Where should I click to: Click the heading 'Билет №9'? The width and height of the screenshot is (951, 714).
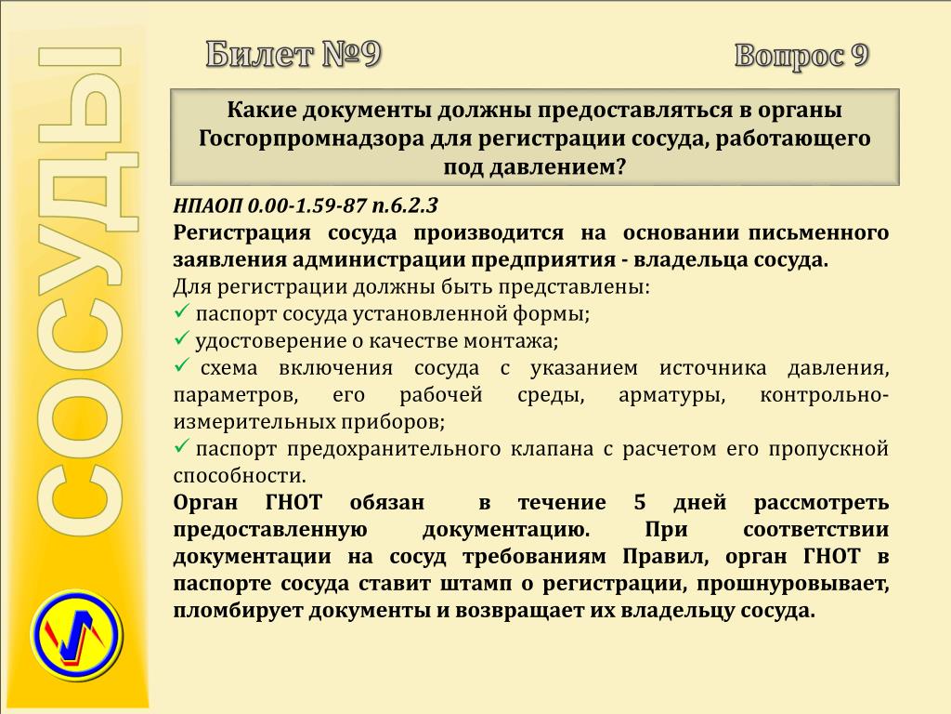[293, 55]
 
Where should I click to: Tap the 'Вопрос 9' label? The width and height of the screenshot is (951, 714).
[801, 56]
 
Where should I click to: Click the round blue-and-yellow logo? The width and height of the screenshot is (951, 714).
[77, 633]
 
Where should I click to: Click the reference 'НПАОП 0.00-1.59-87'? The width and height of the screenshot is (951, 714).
[270, 205]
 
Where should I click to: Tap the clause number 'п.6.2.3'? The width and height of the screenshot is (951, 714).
[405, 205]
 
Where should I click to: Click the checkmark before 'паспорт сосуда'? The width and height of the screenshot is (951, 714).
[182, 311]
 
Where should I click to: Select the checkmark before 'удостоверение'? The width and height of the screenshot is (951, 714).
[182, 338]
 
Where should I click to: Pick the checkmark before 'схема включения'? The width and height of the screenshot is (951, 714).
[182, 364]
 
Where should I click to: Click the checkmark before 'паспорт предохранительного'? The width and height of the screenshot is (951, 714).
[182, 446]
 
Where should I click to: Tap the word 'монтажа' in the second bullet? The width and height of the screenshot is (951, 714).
[511, 341]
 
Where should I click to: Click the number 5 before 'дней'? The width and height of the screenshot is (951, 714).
[640, 503]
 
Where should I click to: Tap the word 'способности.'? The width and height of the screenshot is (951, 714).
[240, 476]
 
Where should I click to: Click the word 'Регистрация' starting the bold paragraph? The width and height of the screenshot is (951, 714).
[242, 233]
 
